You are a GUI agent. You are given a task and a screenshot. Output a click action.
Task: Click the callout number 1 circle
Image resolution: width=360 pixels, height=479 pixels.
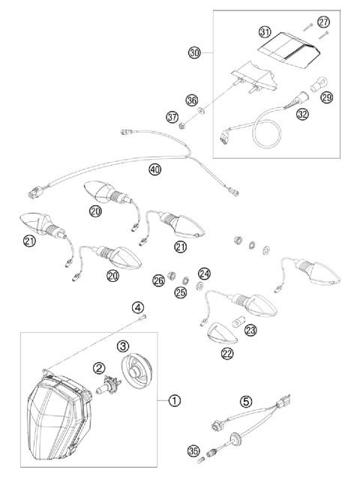174,400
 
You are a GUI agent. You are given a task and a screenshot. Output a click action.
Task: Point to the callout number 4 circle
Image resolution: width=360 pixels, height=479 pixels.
138,307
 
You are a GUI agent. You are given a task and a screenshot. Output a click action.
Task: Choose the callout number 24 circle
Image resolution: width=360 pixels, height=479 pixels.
204,274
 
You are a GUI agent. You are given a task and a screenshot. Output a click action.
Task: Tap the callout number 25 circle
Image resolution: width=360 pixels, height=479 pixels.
180,291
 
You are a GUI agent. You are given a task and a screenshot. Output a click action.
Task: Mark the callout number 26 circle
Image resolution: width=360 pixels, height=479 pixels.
158,280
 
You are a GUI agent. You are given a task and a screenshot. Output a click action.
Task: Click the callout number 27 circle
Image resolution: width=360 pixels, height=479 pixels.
323,22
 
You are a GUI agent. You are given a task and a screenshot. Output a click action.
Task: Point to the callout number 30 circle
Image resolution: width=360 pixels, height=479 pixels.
195,53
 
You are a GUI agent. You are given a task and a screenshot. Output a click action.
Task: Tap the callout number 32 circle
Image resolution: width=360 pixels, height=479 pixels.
302,115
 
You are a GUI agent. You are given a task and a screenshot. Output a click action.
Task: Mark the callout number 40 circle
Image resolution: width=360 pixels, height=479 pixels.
155,169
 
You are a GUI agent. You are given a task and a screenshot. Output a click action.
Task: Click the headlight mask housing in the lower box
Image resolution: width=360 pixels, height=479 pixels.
60,424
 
